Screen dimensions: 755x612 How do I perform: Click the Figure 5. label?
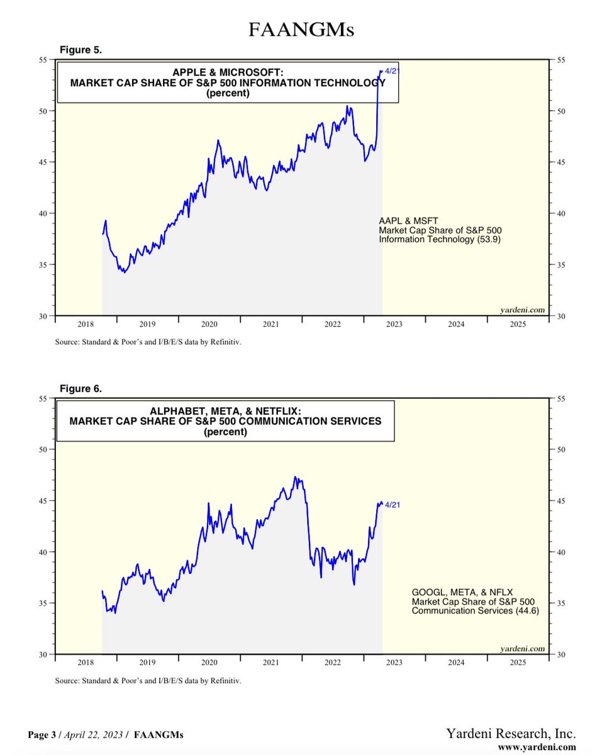click(x=81, y=49)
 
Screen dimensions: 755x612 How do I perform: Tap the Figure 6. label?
click(x=81, y=388)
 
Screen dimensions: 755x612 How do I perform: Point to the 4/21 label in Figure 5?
click(x=391, y=71)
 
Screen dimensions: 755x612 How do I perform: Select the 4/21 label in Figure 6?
click(x=392, y=505)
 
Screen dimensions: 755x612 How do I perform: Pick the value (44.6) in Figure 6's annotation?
click(x=526, y=610)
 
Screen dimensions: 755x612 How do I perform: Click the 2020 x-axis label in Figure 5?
click(x=209, y=324)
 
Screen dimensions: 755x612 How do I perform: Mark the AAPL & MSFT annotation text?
click(x=404, y=221)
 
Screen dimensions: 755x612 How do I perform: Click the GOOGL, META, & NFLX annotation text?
click(x=462, y=593)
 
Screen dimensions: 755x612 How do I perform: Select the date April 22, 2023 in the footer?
click(x=94, y=735)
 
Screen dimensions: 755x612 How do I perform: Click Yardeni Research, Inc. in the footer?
click(x=511, y=734)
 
